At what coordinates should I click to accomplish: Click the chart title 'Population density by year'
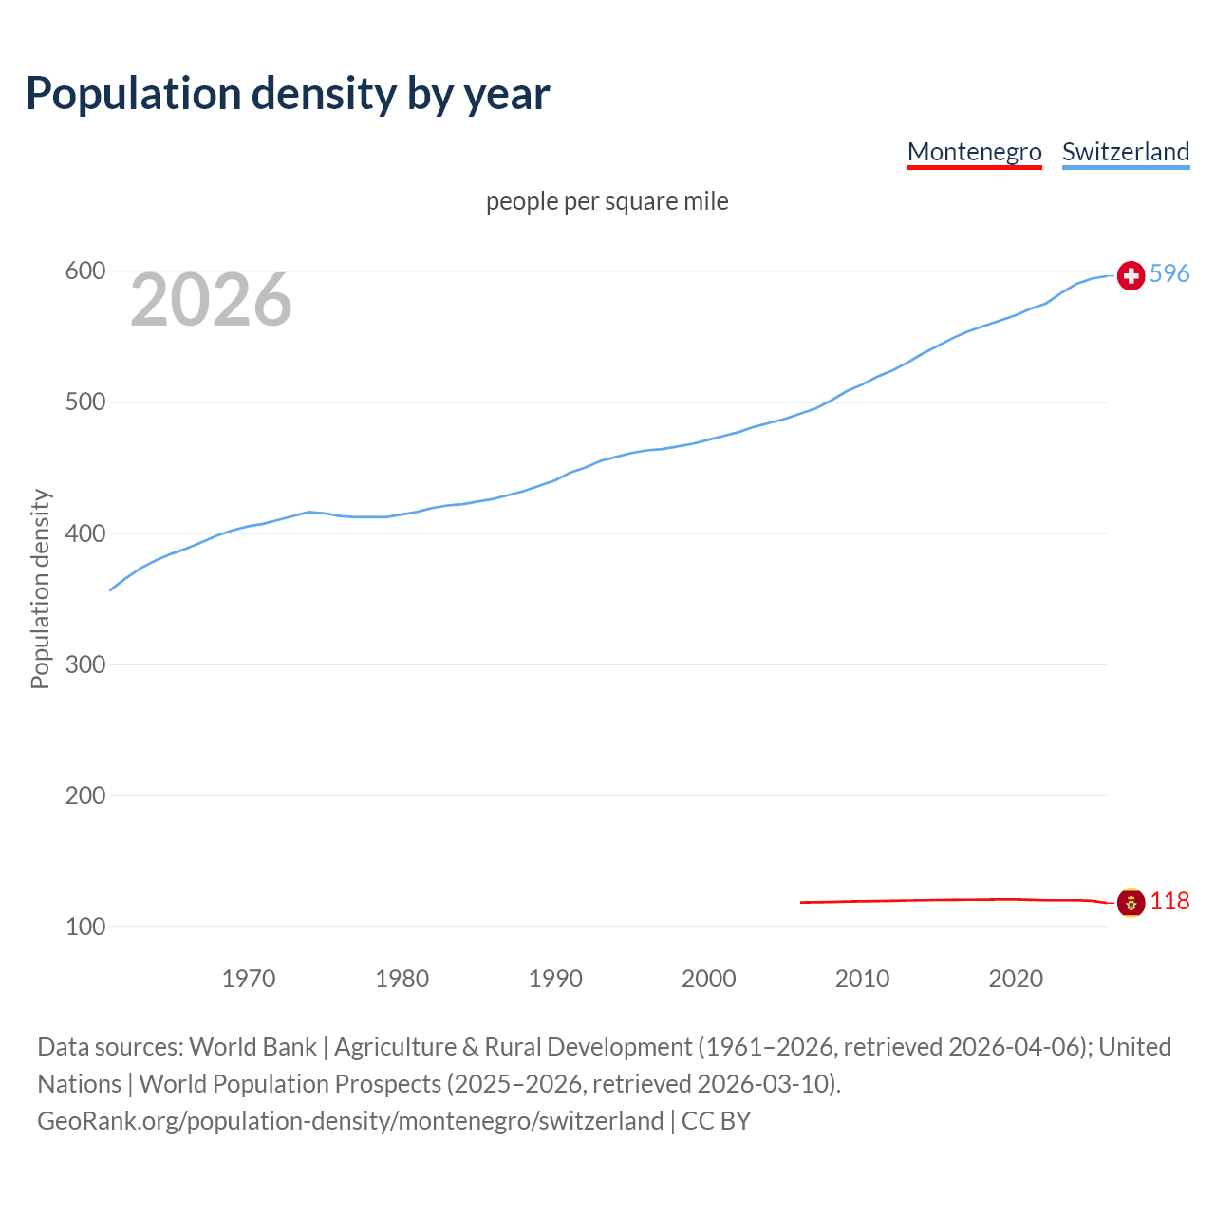[288, 94]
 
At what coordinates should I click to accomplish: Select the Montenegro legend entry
[974, 152]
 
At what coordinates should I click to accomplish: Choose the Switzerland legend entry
[1125, 152]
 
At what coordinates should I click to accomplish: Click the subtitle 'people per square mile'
[607, 201]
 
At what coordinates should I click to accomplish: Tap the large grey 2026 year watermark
[211, 300]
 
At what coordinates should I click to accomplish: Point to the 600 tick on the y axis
[84, 271]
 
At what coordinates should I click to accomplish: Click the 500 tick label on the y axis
[84, 402]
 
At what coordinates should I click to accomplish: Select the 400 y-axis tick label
[84, 533]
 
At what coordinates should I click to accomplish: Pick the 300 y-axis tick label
[84, 664]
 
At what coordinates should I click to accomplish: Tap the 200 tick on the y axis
[84, 795]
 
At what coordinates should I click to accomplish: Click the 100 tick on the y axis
[84, 926]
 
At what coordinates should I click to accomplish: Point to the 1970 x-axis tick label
[249, 979]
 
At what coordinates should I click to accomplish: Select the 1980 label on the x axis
[402, 979]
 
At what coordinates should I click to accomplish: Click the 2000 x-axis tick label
[709, 979]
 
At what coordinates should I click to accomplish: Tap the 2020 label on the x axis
[1016, 979]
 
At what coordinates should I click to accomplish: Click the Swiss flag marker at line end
[1131, 275]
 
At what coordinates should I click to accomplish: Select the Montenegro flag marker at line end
[1131, 903]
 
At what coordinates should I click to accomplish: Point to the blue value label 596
[1169, 274]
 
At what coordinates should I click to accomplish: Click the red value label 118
[1169, 902]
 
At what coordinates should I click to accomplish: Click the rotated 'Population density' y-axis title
[40, 589]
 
